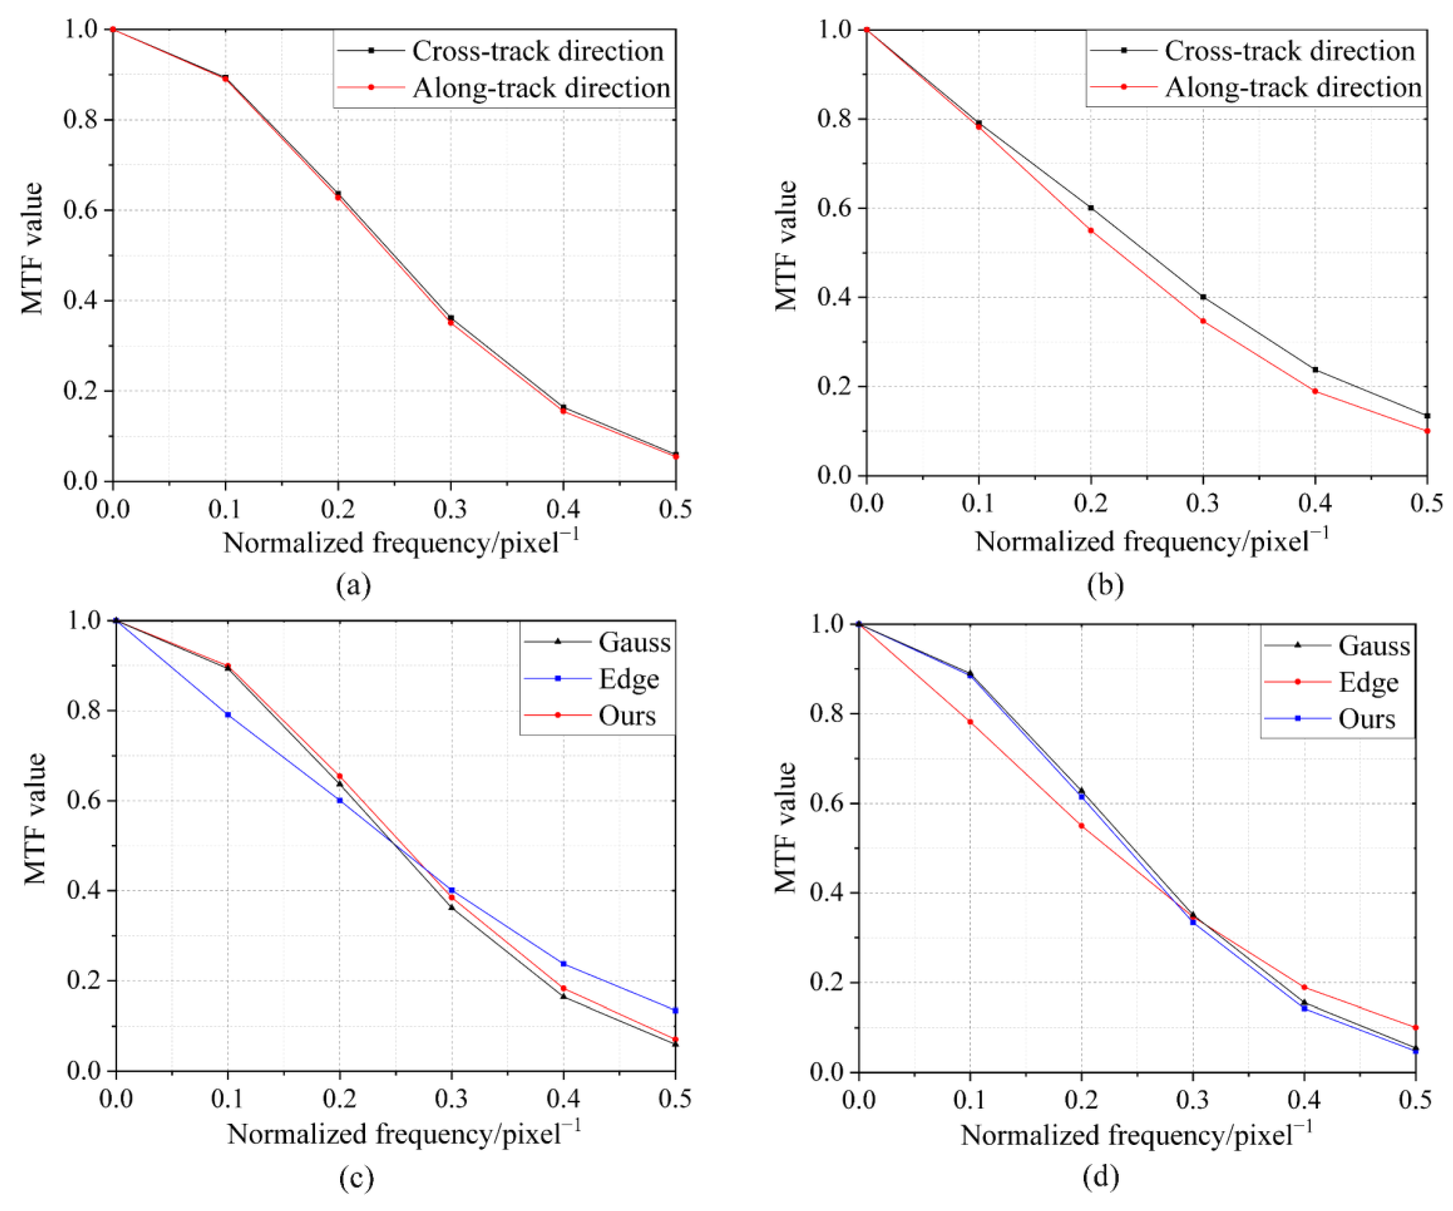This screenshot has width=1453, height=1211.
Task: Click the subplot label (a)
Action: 353,585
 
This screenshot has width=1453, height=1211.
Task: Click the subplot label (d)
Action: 1100,1176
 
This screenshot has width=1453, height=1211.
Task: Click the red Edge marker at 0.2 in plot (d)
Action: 1082,826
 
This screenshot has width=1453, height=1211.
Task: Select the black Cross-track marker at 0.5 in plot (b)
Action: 1427,416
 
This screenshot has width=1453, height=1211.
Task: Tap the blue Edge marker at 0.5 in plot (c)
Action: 675,1010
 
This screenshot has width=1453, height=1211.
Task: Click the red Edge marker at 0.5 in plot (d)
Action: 1416,1028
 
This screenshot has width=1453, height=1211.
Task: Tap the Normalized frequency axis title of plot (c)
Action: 404,1134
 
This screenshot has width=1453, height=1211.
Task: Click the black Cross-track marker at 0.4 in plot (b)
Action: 1315,369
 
